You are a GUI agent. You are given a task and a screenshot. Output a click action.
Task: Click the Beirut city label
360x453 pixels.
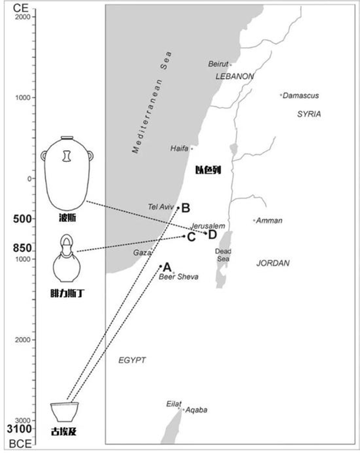pos(218,64)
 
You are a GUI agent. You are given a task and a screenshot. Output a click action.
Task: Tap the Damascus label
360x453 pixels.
pos(301,95)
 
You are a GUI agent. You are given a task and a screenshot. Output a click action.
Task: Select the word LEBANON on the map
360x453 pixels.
pos(234,76)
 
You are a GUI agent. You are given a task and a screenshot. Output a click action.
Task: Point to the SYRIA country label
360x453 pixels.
pos(309,114)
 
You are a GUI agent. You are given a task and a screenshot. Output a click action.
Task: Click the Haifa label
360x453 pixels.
pos(179,148)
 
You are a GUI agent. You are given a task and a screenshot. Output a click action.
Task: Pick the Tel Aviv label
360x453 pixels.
pos(161,207)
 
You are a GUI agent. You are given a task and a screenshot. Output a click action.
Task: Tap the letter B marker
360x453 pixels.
pos(185,208)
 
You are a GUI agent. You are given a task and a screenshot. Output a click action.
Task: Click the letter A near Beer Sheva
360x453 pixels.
pos(167,267)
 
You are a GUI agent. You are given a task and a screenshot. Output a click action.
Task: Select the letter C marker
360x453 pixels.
pos(191,237)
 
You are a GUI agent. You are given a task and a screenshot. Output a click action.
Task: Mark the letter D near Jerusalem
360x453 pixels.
pos(212,234)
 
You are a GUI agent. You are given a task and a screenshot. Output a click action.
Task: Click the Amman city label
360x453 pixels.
pos(269,221)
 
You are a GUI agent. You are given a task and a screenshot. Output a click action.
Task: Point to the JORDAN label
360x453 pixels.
pos(273,263)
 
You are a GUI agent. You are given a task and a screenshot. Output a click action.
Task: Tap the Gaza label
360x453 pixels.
pos(141,253)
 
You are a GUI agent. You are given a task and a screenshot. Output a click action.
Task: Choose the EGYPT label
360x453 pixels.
pos(132,360)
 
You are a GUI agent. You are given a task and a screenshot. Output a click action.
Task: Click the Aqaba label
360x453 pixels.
pos(196,410)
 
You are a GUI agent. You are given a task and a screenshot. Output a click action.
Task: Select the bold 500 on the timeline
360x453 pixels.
pos(22,219)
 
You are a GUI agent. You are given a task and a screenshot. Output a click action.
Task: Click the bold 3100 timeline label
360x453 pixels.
pos(20,429)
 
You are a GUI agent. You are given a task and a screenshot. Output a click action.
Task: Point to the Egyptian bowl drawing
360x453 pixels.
pos(64,412)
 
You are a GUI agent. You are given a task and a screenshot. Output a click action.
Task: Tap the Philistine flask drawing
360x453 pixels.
pos(67,258)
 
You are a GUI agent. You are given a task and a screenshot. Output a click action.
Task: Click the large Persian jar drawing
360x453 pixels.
pos(67,174)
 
